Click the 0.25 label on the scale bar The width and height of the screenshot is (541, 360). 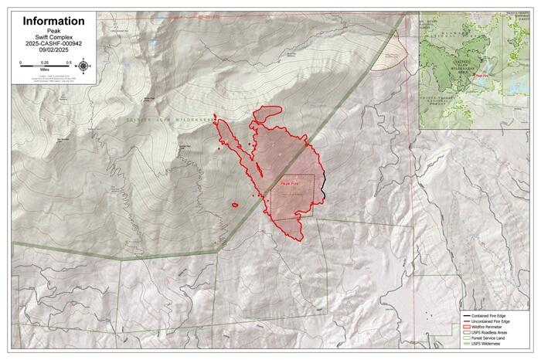pos(45,62)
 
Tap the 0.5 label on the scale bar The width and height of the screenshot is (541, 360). pos(69,62)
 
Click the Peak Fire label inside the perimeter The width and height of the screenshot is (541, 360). pos(290,184)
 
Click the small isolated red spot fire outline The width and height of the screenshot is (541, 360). pos(233,205)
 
